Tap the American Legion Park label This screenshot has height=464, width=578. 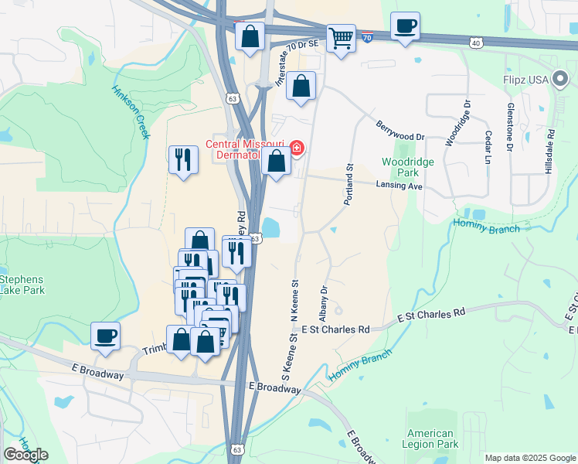431,438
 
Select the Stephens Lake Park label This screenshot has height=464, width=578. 22,285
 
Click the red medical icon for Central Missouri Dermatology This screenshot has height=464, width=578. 296,148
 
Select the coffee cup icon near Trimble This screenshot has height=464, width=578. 105,336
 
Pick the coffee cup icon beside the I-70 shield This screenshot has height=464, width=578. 405,26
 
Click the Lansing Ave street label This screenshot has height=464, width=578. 399,186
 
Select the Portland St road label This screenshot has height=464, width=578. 349,183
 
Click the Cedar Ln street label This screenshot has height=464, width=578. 488,146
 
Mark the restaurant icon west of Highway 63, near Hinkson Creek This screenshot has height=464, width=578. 183,160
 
